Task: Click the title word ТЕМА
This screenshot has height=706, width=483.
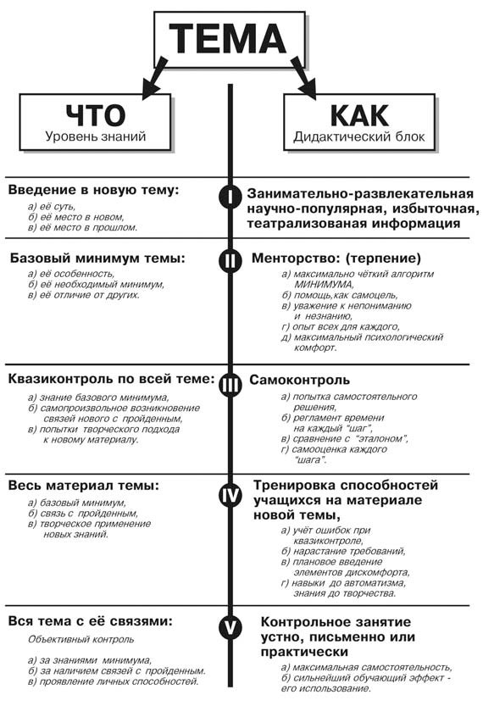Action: [228, 38]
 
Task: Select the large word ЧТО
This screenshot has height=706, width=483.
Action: [96, 115]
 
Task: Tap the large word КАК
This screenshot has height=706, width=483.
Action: [359, 115]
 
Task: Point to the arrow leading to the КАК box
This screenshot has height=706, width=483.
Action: [303, 77]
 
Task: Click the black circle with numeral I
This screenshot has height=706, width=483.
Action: [230, 197]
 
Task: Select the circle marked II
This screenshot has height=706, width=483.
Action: [230, 260]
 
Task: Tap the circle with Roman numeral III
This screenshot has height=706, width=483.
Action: [230, 385]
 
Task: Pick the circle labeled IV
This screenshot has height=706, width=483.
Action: [230, 495]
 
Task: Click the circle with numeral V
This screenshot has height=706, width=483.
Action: [230, 628]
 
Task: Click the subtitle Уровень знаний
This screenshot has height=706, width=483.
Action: [96, 136]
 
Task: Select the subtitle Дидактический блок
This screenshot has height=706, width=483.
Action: [359, 136]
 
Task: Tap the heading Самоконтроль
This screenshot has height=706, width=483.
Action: [299, 380]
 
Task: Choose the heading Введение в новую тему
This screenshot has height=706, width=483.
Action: [93, 190]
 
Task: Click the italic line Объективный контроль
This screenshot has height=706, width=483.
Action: [81, 639]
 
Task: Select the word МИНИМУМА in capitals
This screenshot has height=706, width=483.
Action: [324, 285]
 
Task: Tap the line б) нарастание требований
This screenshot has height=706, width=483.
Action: [343, 551]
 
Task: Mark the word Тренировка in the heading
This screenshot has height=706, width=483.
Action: [294, 486]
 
